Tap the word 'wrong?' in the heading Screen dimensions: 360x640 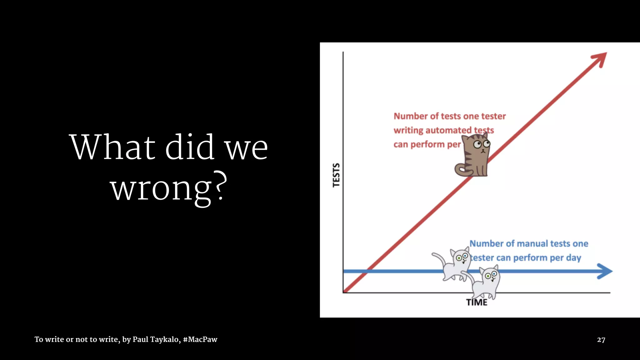(x=169, y=189)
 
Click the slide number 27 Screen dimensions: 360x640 (x=601, y=340)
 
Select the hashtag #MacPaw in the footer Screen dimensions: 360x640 (x=200, y=339)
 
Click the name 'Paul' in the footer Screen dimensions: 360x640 (x=140, y=339)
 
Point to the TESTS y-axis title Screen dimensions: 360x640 (x=336, y=175)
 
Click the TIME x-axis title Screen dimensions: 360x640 (x=477, y=302)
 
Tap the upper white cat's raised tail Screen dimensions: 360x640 (x=439, y=258)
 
